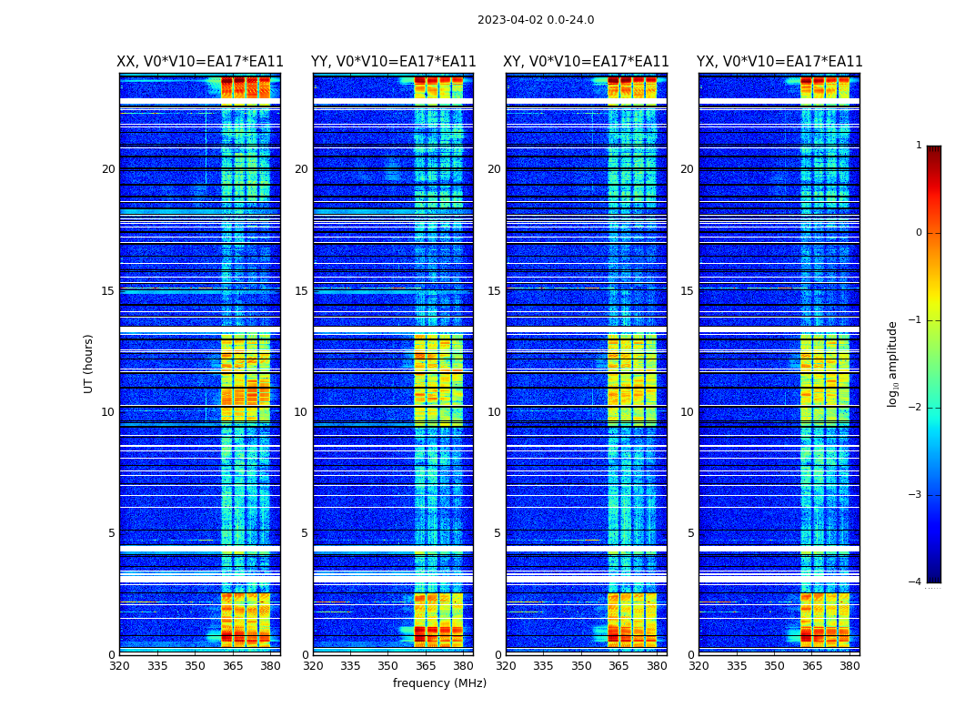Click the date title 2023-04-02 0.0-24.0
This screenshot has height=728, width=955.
(536, 20)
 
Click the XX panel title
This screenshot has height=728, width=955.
(200, 62)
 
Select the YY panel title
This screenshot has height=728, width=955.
(393, 62)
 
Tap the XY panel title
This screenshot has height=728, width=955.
(587, 62)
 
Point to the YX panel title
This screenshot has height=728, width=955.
(779, 62)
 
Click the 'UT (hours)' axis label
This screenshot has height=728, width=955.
(89, 363)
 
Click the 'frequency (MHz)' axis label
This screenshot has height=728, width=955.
(439, 683)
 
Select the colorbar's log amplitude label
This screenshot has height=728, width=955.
(893, 363)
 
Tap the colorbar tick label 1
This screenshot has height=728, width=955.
(918, 146)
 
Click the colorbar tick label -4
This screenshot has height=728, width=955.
(916, 582)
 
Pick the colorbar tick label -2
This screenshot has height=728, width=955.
(916, 408)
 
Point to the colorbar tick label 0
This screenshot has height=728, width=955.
(918, 233)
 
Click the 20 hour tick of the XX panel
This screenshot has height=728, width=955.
(108, 169)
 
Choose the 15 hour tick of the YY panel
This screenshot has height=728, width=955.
(301, 291)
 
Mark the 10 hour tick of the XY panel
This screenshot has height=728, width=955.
(494, 412)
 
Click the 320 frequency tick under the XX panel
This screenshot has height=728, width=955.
(119, 666)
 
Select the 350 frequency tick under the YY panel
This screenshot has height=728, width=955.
(388, 666)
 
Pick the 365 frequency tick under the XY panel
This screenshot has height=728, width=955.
(618, 666)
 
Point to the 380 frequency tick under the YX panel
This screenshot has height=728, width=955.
(849, 666)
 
